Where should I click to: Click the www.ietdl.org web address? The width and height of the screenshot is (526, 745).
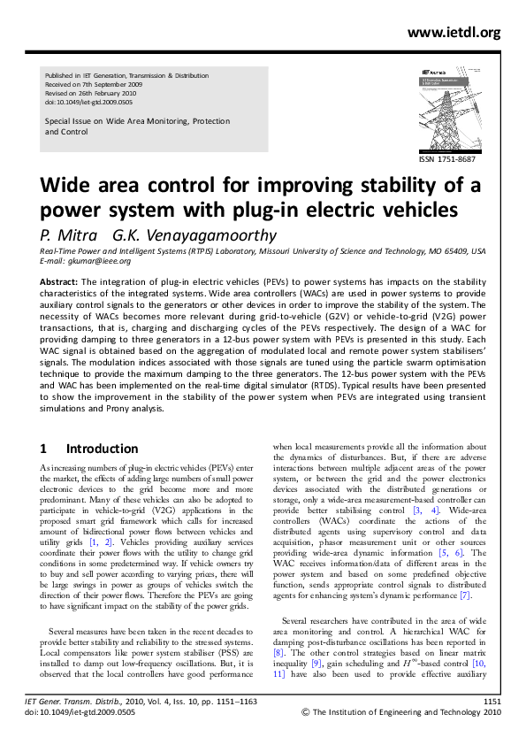tap(454, 33)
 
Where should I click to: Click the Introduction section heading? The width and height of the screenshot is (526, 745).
tap(102, 449)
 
